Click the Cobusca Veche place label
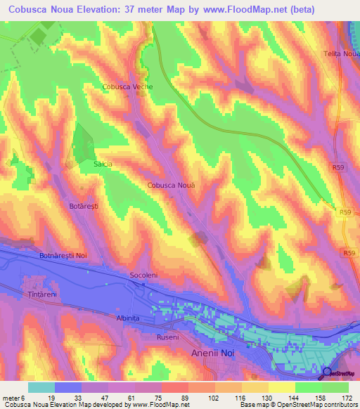pos(127,87)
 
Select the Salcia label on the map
pos(103,164)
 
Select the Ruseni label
pos(167,337)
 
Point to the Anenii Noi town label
pos(215,354)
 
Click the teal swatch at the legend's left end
pos(41,387)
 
